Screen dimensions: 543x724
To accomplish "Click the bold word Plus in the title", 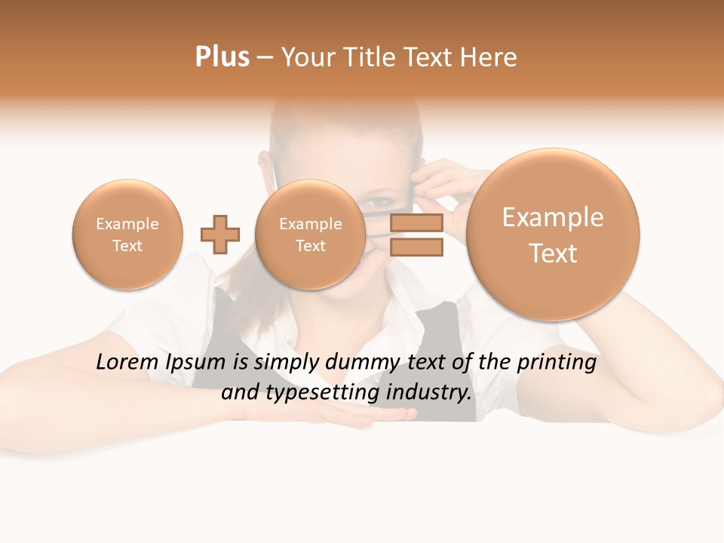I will pos(222,57).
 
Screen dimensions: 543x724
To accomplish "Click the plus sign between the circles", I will pos(220,235).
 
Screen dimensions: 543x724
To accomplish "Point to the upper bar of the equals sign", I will pos(416,223).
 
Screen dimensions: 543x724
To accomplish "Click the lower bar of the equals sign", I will pos(416,247).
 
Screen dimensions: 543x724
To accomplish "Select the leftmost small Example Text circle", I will pos(127,235).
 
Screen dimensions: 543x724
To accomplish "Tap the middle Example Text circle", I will pos(310,235).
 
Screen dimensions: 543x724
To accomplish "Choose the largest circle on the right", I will pos(553,235).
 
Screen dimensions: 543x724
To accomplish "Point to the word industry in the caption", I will pos(428,393).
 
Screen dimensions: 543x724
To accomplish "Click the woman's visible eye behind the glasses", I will pos(380,204).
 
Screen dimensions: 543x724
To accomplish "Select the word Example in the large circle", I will pos(553,217).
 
